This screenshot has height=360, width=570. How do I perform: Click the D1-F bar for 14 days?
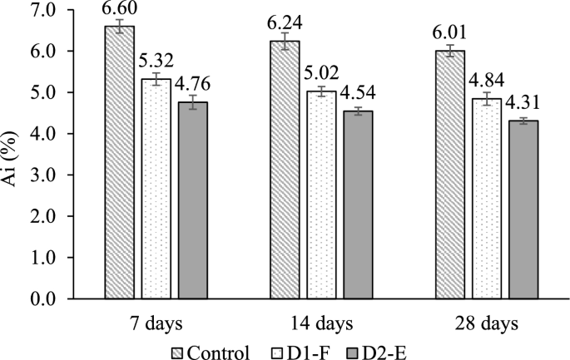pyautogui.click(x=322, y=195)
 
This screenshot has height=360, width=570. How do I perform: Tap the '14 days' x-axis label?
pyautogui.click(x=322, y=322)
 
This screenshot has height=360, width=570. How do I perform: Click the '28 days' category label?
pyautogui.click(x=488, y=322)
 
